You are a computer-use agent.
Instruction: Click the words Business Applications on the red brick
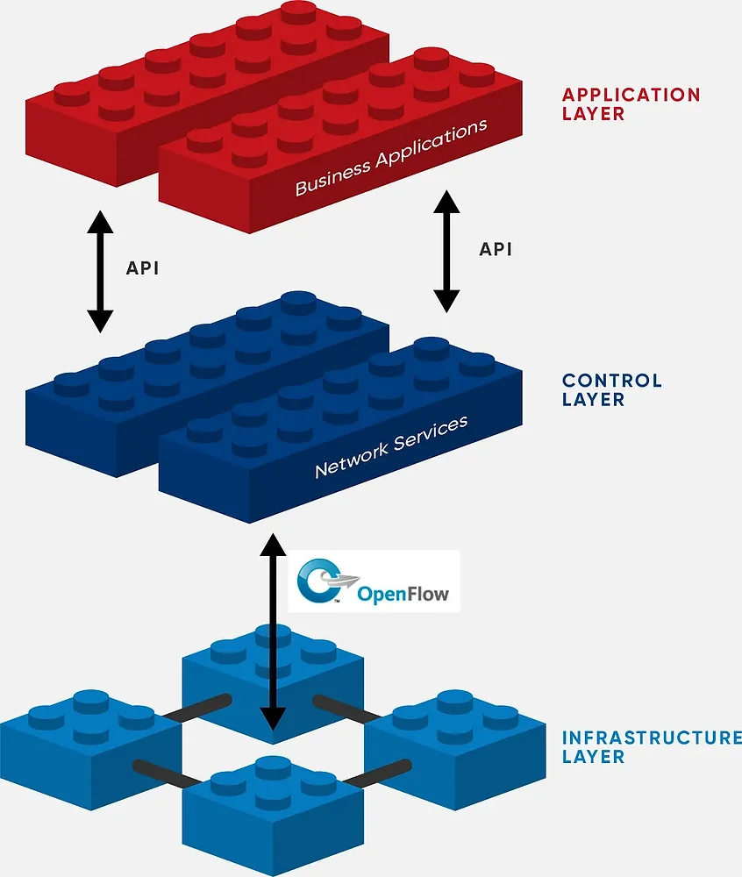(x=390, y=158)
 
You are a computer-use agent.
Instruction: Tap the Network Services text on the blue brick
(x=391, y=447)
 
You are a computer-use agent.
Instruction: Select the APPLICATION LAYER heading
(x=631, y=103)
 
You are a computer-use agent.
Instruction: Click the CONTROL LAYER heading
(x=611, y=390)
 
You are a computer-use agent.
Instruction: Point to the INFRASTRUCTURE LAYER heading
(x=651, y=746)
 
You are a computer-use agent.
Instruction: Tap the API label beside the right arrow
(x=495, y=249)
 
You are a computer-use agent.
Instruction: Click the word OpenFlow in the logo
(x=403, y=595)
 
